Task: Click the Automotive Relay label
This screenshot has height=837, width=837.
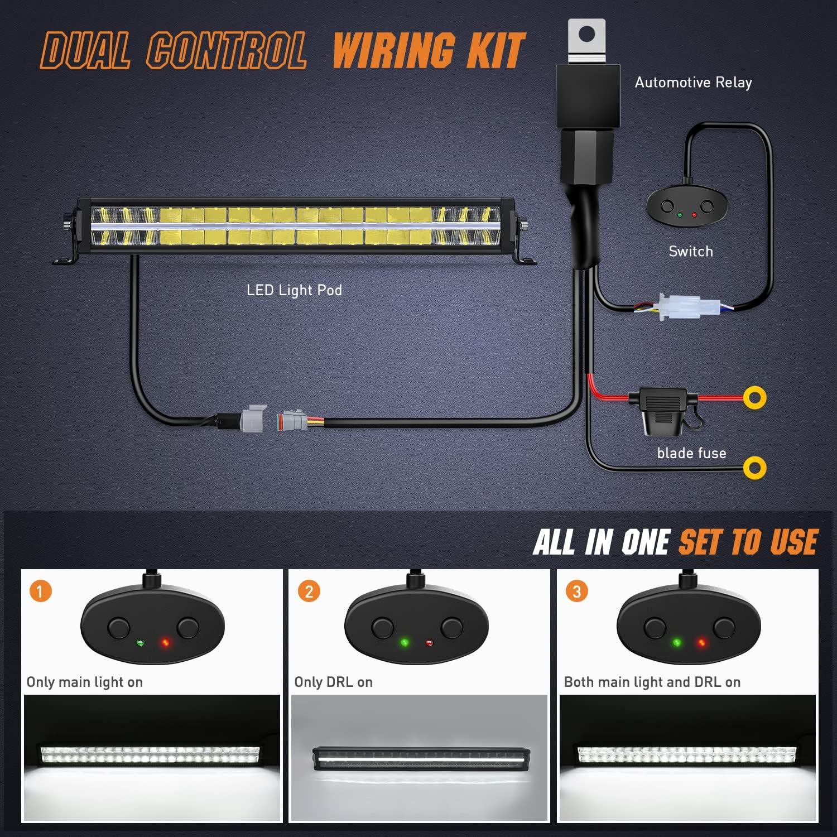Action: [693, 83]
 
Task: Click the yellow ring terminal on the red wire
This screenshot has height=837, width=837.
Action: [755, 398]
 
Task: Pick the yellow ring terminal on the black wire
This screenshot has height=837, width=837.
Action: [755, 468]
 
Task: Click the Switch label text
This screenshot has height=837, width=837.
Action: [691, 252]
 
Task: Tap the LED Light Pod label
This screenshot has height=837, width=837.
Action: [294, 290]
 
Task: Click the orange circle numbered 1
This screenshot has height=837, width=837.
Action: [40, 591]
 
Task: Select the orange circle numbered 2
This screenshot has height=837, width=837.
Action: [309, 591]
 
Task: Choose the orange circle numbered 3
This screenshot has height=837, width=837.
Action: [577, 591]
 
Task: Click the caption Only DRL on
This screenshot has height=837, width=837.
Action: [333, 682]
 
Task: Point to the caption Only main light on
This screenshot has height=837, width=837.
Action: [85, 682]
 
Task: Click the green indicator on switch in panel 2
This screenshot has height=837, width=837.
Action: [405, 643]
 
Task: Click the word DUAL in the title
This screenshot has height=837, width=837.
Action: [86, 51]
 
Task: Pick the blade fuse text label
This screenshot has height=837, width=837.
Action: [691, 453]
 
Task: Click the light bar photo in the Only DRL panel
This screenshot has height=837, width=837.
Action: [419, 758]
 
